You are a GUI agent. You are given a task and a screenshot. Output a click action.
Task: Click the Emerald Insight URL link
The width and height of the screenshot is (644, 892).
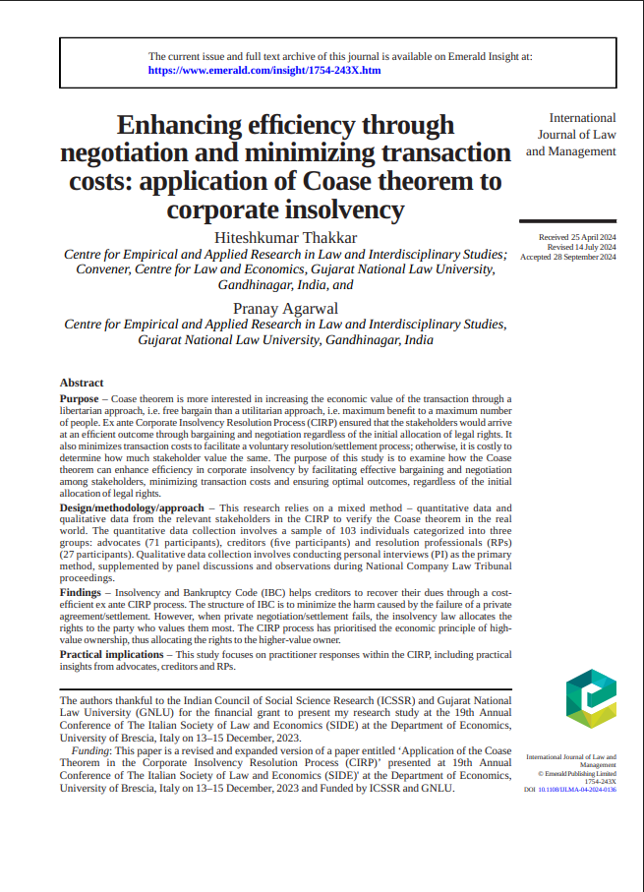click(x=264, y=71)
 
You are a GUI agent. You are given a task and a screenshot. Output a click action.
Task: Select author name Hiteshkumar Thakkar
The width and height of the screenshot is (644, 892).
click(x=285, y=238)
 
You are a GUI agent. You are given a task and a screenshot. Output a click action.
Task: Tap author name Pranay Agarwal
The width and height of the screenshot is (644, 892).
click(x=285, y=308)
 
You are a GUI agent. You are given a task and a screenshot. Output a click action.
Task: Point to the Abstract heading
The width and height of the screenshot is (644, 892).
click(x=82, y=383)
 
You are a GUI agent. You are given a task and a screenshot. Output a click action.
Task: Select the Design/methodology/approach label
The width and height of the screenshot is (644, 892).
click(x=132, y=507)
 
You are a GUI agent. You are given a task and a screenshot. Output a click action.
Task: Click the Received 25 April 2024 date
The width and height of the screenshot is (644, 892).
click(x=577, y=238)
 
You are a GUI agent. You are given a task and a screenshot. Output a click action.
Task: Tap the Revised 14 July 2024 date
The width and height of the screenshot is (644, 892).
click(x=581, y=248)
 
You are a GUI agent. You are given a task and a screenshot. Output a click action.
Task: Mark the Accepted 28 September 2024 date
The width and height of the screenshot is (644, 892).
click(x=568, y=257)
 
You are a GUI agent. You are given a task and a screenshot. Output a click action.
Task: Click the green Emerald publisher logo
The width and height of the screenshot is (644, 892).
click(x=591, y=699)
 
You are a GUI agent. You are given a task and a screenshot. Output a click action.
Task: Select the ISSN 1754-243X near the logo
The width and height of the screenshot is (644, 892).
click(x=600, y=781)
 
